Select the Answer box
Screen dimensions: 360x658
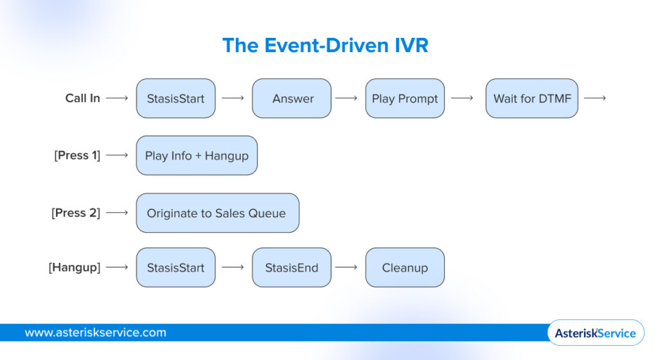point(292,98)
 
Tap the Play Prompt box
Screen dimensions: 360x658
point(405,98)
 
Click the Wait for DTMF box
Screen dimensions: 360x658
point(531,98)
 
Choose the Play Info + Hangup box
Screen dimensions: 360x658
point(197,156)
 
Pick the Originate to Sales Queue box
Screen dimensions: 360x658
point(217,213)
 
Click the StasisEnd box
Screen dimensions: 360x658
point(292,267)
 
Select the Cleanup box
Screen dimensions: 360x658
point(405,267)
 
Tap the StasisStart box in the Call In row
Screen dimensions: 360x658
point(175,98)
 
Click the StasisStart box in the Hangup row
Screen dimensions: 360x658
point(175,267)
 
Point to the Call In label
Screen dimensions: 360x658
point(83,98)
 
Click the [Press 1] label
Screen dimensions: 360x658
point(77,156)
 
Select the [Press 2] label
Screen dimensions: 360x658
point(76,213)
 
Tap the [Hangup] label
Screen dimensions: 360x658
point(75,267)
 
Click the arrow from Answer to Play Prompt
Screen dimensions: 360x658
point(346,98)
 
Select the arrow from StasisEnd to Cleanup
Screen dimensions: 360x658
point(346,267)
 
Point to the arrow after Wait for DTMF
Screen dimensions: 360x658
point(594,98)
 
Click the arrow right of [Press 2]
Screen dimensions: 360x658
point(117,213)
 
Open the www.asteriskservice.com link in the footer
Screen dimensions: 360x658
point(95,332)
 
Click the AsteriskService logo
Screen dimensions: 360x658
point(595,332)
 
